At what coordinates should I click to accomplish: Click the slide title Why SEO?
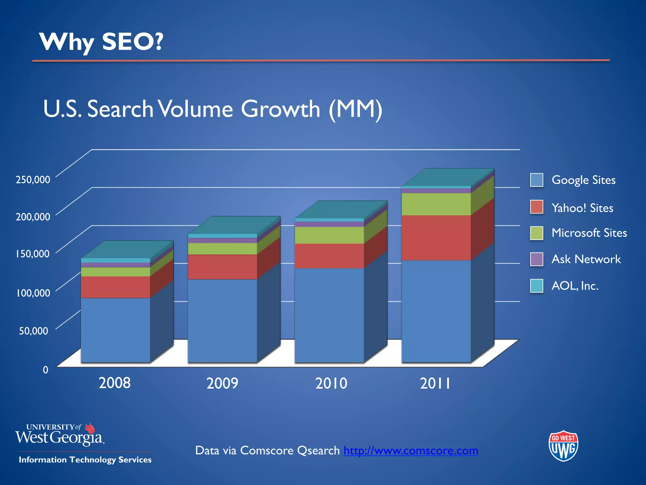[x=101, y=42]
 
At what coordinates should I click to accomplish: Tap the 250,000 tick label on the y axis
[x=33, y=180]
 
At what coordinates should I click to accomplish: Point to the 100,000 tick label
[x=33, y=293]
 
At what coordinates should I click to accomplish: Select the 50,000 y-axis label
[x=33, y=331]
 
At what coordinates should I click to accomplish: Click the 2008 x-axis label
[x=115, y=383]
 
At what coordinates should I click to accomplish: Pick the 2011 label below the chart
[x=435, y=384]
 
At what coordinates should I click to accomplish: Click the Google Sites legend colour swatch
[x=537, y=180]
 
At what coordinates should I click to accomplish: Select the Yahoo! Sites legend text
[x=582, y=208]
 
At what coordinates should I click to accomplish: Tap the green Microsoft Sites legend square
[x=537, y=233]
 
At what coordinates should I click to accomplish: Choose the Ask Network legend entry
[x=586, y=259]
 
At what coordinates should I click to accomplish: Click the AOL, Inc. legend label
[x=575, y=286]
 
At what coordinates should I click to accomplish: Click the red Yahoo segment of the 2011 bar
[x=436, y=237]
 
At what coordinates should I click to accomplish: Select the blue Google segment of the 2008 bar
[x=115, y=330]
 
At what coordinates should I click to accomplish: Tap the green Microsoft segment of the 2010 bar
[x=329, y=235]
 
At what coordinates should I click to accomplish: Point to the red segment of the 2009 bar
[x=222, y=267]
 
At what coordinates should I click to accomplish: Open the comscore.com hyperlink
[x=411, y=451]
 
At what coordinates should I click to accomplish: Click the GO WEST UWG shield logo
[x=563, y=446]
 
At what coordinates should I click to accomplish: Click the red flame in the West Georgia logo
[x=91, y=428]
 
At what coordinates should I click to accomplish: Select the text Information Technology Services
[x=85, y=460]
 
